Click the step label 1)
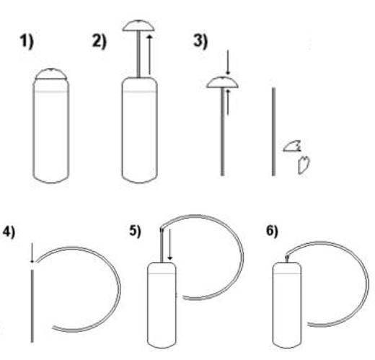[27, 42]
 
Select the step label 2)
[99, 42]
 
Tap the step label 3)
[200, 41]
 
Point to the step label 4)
[9, 232]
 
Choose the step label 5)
[135, 232]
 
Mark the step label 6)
[272, 232]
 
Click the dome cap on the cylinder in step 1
[51, 74]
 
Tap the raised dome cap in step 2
[138, 25]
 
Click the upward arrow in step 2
[149, 54]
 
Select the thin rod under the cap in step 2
[138, 54]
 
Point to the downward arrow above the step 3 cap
[228, 63]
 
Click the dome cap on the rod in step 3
[223, 82]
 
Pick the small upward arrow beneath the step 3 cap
[228, 102]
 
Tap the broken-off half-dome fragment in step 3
[292, 146]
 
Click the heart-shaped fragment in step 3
[304, 164]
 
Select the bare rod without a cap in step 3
[273, 132]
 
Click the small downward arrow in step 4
[32, 253]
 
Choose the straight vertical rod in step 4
[32, 306]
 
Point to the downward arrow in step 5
[169, 245]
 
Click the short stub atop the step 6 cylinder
[287, 259]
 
